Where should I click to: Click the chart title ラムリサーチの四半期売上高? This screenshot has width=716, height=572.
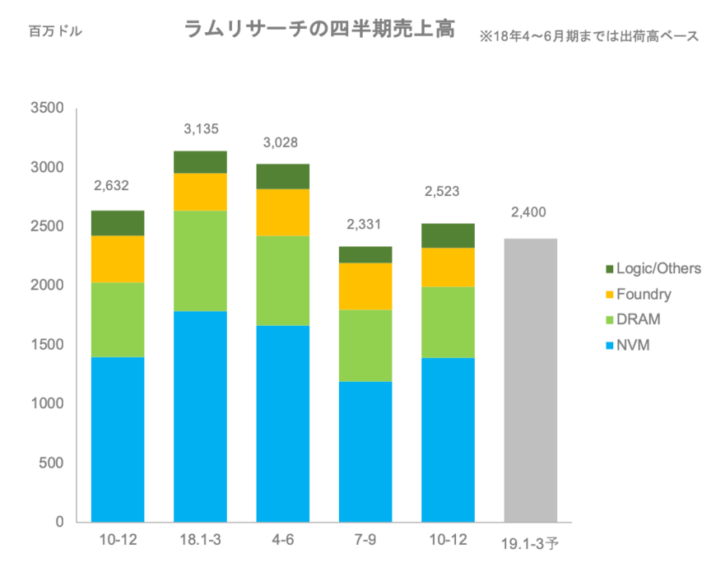pyautogui.click(x=319, y=31)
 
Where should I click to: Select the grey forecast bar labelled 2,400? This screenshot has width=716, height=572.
pyautogui.click(x=530, y=379)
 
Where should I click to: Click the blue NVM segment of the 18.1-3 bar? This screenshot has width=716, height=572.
pyautogui.click(x=200, y=416)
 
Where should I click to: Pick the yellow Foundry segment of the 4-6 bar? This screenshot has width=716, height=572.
pyautogui.click(x=283, y=212)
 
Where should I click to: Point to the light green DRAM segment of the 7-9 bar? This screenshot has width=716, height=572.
pyautogui.click(x=365, y=346)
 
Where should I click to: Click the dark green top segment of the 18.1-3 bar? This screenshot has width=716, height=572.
pyautogui.click(x=200, y=161)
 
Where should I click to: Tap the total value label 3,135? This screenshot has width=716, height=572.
pyautogui.click(x=200, y=128)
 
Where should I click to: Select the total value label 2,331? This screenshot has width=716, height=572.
pyautogui.click(x=365, y=224)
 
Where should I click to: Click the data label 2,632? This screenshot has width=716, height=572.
pyautogui.click(x=113, y=185)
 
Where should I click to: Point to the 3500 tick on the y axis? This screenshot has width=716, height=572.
pyautogui.click(x=46, y=108)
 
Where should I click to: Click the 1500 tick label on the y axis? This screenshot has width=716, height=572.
pyautogui.click(x=46, y=345)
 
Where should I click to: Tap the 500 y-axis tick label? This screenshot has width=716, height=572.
pyautogui.click(x=50, y=463)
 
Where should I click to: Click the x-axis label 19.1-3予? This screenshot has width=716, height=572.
pyautogui.click(x=530, y=542)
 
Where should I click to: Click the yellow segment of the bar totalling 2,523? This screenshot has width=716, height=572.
pyautogui.click(x=449, y=267)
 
